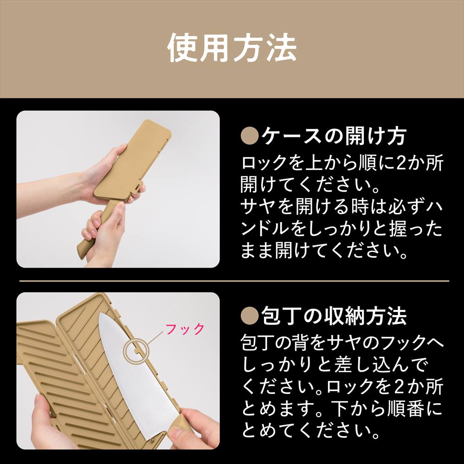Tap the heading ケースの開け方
pyautogui.click(x=334, y=136)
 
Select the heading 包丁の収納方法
pyautogui.click(x=334, y=316)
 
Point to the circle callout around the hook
pyautogui.click(x=124, y=351)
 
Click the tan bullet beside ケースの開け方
pyautogui.click(x=250, y=136)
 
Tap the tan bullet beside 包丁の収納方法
pyautogui.click(x=250, y=316)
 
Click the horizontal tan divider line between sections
pyautogui.click(x=234, y=281)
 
